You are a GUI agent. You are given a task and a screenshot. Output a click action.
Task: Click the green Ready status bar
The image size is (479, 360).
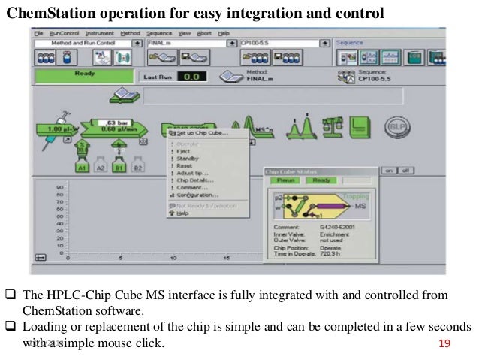83,74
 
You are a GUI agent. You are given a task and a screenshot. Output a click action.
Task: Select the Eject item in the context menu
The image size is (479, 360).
183,150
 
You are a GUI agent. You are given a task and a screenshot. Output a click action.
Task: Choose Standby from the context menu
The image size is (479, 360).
187,158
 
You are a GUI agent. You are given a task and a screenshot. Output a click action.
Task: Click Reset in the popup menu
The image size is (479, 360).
184,165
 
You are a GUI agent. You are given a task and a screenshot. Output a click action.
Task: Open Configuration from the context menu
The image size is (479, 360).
197,195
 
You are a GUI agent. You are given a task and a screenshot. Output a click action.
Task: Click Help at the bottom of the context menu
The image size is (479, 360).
182,213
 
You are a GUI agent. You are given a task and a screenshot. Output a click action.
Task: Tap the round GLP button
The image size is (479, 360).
395,127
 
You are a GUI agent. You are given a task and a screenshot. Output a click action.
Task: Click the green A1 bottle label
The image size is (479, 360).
82,169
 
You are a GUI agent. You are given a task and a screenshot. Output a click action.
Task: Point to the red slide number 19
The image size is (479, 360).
443,344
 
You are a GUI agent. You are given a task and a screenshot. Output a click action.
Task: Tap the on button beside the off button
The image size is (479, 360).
388,171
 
